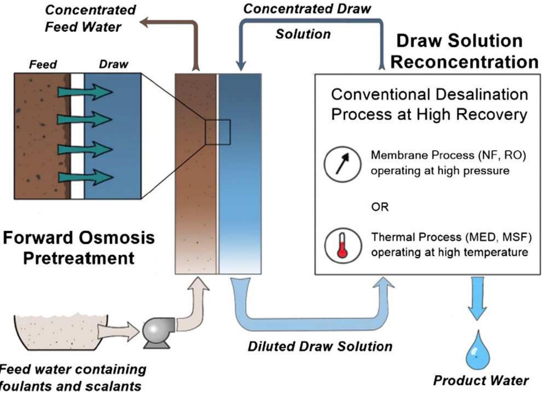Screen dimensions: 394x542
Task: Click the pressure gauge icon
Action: [x=342, y=164]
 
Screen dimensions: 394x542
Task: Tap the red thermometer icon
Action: [x=342, y=246]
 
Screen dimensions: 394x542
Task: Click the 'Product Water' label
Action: [x=480, y=381]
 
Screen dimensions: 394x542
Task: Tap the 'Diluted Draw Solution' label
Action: [x=320, y=346]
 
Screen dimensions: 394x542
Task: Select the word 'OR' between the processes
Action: [x=380, y=207]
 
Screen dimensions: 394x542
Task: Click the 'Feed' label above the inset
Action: [x=43, y=64]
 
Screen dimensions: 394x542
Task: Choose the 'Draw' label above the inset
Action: [x=113, y=64]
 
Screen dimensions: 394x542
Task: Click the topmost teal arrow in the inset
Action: [x=85, y=92]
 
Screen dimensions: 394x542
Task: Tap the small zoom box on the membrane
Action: [x=217, y=132]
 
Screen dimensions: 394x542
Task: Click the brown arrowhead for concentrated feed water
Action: [x=145, y=23]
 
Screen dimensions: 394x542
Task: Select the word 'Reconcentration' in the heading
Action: [x=464, y=62]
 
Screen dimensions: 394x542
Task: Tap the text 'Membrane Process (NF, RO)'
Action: [x=448, y=155]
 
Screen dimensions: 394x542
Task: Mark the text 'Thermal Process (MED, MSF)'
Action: [x=451, y=237]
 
